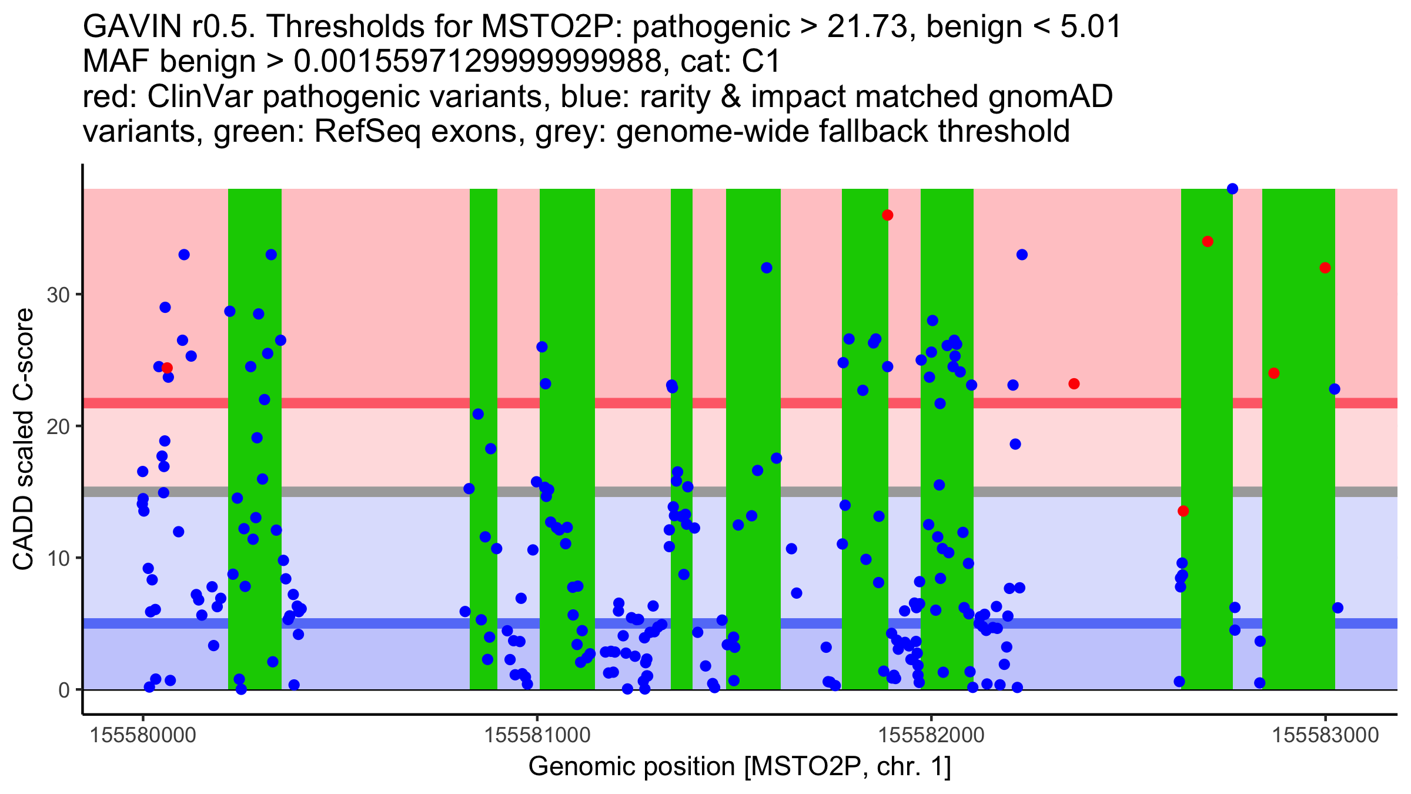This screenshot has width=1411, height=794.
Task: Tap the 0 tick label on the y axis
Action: click(64, 690)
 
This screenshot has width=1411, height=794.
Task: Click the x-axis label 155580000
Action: click(143, 735)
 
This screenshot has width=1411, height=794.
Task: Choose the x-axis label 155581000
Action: click(537, 735)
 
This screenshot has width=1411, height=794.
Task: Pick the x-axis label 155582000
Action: click(931, 735)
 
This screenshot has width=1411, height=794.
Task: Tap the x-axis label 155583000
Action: click(1325, 735)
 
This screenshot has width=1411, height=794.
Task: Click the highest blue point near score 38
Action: click(1232, 189)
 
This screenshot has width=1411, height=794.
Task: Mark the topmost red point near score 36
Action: click(888, 215)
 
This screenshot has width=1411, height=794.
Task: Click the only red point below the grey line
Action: click(1183, 511)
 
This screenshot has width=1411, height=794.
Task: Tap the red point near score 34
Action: click(1208, 242)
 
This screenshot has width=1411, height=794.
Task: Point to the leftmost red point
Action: click(167, 368)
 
